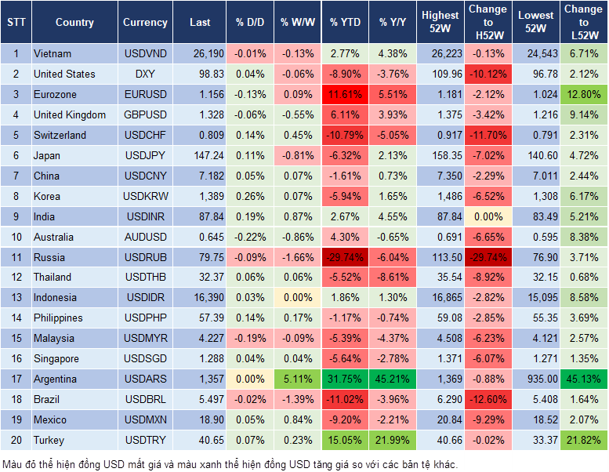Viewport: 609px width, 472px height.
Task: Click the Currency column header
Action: pos(145,22)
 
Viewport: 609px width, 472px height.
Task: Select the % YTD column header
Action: pos(345,22)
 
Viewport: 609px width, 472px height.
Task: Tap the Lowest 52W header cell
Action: pos(538,22)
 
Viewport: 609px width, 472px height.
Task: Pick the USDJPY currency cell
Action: pos(145,155)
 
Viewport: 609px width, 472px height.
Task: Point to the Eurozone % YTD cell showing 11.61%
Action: pos(345,94)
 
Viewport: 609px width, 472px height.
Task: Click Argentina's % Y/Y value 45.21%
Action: pos(393,379)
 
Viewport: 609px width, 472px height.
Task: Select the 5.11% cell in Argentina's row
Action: pos(296,379)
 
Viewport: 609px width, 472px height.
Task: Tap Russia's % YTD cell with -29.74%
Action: pos(345,257)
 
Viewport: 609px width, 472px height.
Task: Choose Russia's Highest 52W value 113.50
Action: pos(440,257)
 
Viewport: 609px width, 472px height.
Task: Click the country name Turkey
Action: pos(49,440)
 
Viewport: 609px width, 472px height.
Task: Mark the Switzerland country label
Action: pos(60,135)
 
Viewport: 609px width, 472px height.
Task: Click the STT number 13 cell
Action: pos(16,297)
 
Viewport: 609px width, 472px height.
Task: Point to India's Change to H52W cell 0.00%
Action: pos(488,216)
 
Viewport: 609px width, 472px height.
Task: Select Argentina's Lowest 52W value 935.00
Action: pos(538,379)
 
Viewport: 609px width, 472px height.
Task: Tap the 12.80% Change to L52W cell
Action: pos(582,94)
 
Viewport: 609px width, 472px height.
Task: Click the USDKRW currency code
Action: pos(145,196)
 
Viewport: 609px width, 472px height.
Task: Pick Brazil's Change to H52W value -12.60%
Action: pos(488,399)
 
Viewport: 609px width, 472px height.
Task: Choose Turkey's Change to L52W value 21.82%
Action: pos(582,440)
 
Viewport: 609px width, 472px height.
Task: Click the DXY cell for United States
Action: pos(145,74)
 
